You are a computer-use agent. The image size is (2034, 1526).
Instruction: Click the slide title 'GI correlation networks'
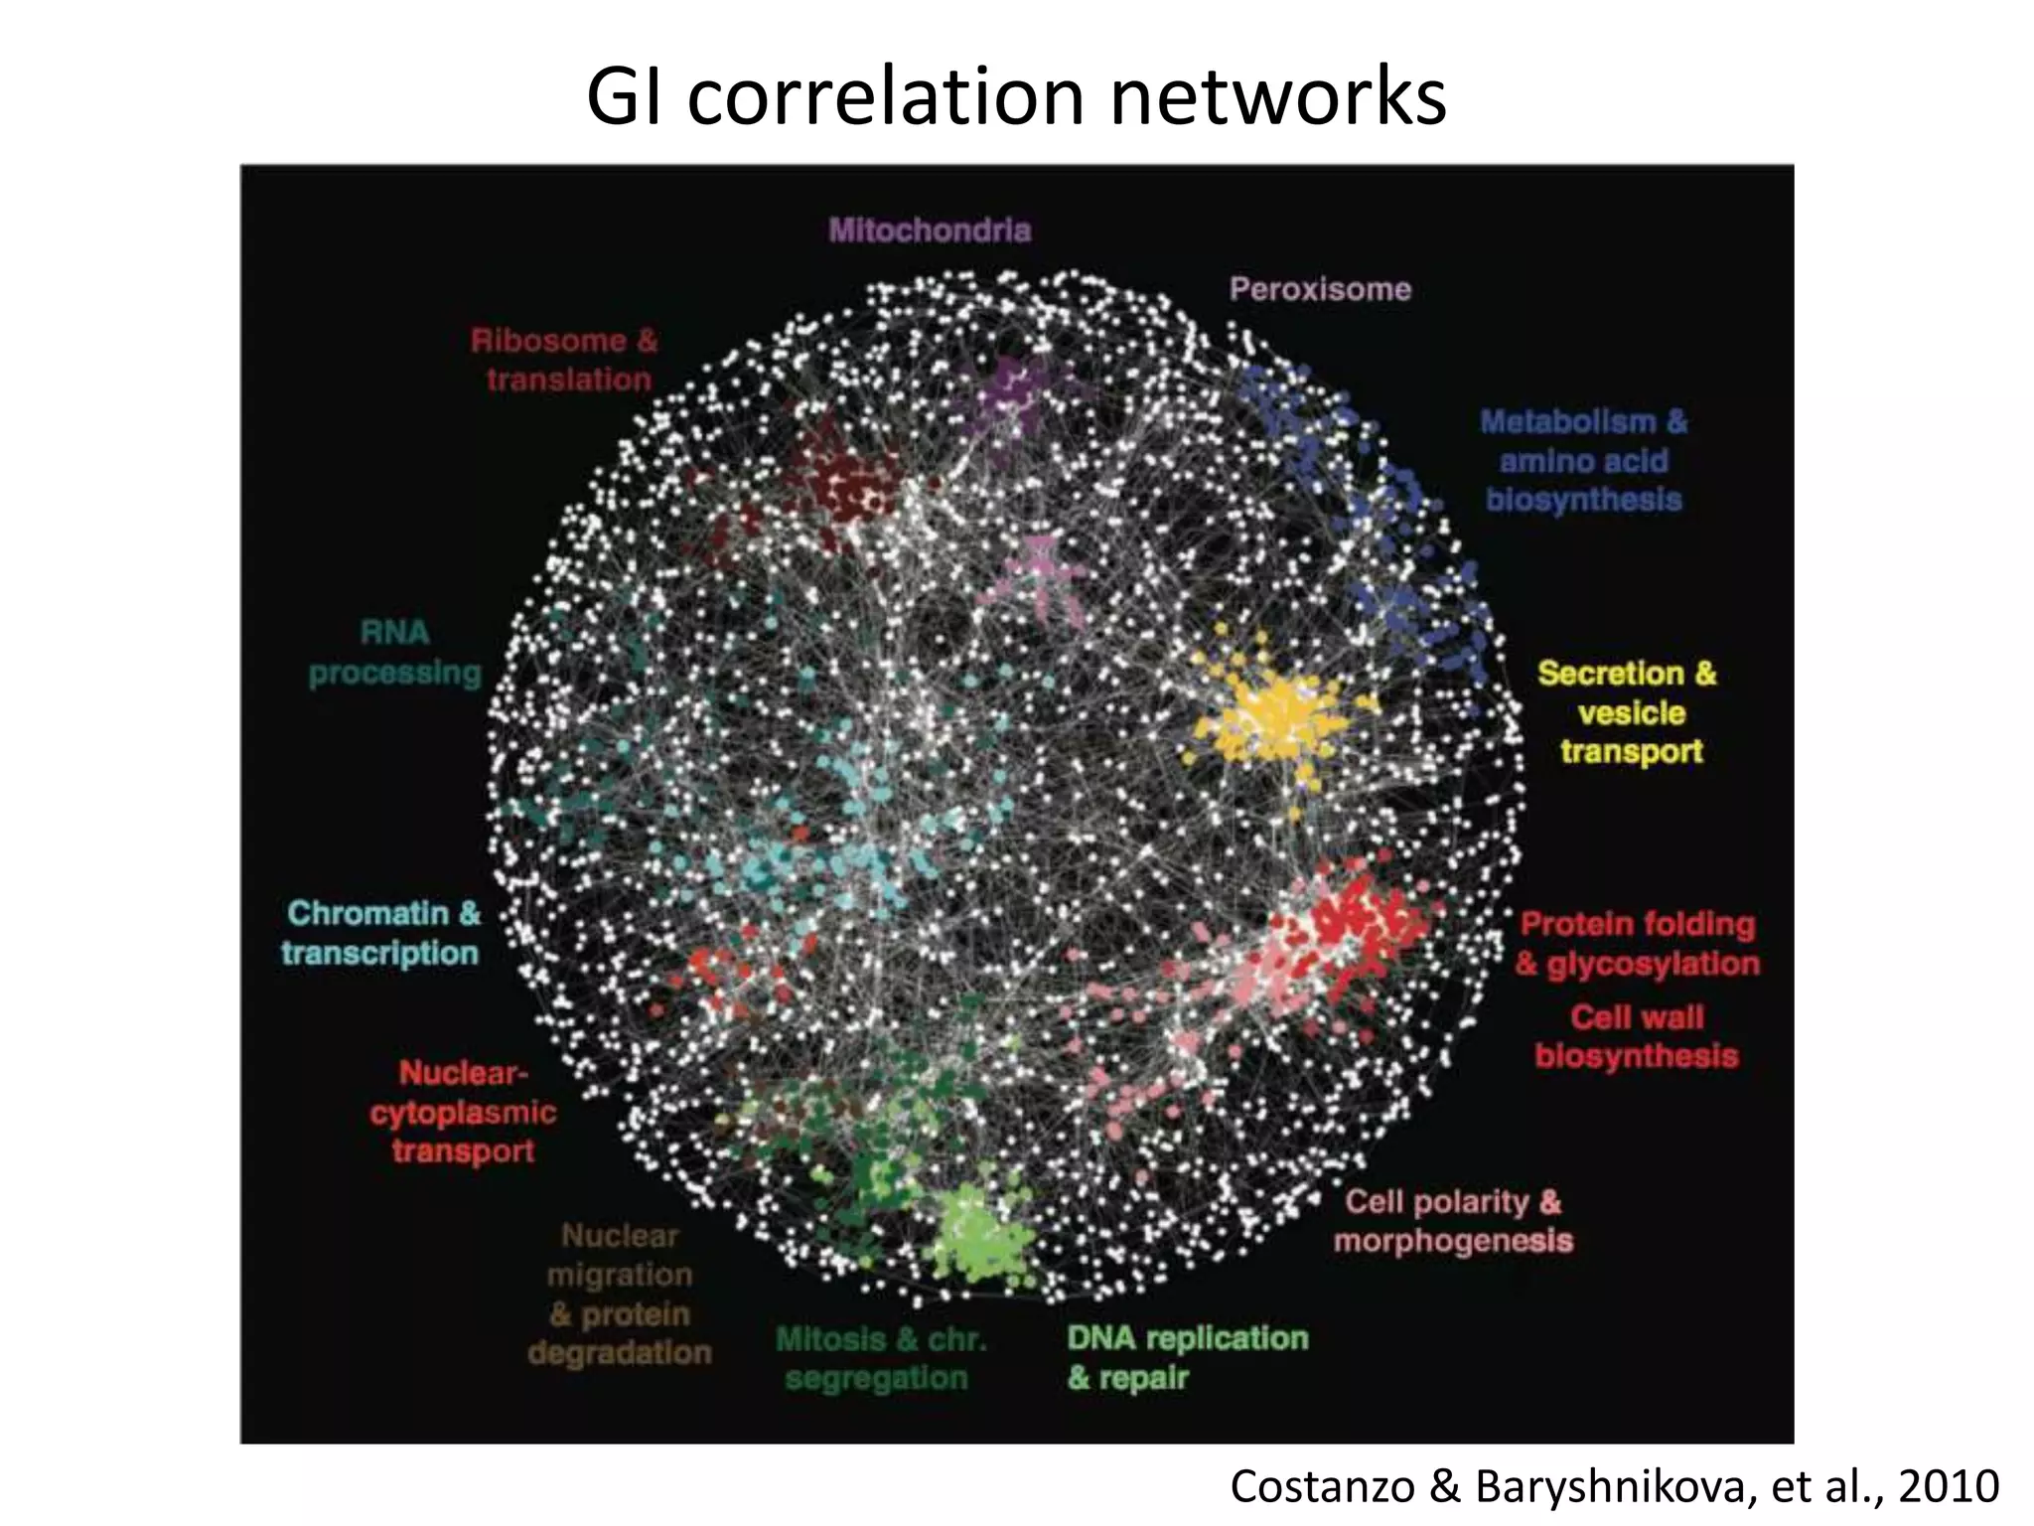1016,96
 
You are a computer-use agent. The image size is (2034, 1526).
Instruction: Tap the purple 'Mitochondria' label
930,230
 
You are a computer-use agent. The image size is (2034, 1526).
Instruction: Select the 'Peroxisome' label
1320,289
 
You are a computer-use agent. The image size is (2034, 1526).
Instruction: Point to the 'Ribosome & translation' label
565,360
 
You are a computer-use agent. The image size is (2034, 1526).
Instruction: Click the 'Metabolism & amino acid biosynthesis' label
1583,461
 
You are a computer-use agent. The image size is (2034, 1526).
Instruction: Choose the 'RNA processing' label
395,653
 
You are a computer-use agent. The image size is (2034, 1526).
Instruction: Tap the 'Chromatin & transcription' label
381,933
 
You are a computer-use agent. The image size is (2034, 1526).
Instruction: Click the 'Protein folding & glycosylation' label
1638,944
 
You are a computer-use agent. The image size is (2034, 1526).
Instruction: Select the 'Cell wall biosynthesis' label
1637,1036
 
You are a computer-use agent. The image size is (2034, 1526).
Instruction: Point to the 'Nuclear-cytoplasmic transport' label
463,1112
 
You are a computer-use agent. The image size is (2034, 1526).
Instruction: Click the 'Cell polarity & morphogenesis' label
1453,1221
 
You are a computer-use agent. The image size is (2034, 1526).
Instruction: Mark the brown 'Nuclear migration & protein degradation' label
620,1295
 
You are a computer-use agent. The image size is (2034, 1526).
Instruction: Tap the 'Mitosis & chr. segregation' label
880,1358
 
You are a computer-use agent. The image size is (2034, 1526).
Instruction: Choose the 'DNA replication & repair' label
1187,1357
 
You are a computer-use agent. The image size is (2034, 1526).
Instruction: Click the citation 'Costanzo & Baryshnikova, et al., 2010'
1614,1486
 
